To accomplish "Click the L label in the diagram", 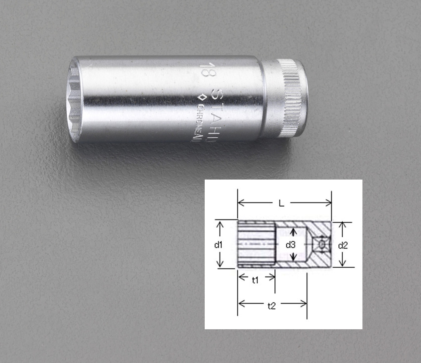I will (284, 203).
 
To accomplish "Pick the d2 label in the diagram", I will (343, 245).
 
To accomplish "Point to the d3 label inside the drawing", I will (291, 245).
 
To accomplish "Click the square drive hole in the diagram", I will (321, 244).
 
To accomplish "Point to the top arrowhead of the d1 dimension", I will (220, 224).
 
